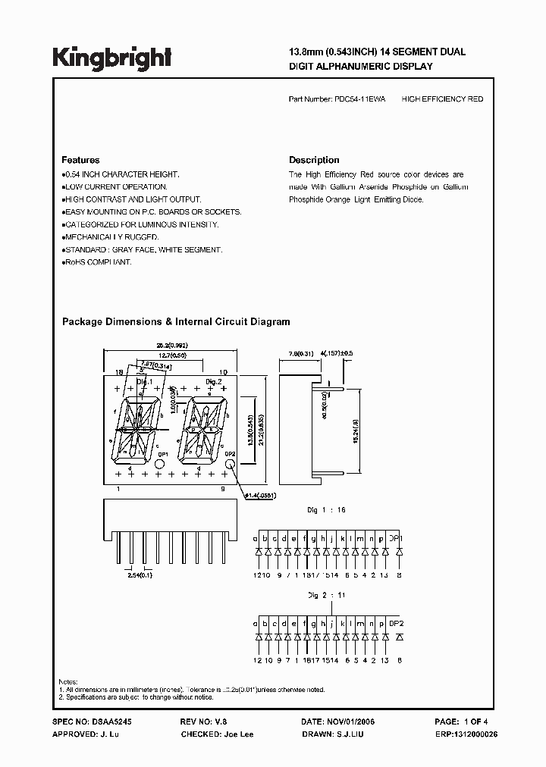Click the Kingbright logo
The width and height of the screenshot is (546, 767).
click(x=111, y=58)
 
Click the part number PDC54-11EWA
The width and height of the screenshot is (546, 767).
click(x=359, y=99)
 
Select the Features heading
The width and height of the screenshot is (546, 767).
click(x=80, y=160)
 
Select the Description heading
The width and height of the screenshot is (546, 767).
click(x=314, y=160)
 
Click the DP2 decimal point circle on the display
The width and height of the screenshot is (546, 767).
click(x=228, y=464)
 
